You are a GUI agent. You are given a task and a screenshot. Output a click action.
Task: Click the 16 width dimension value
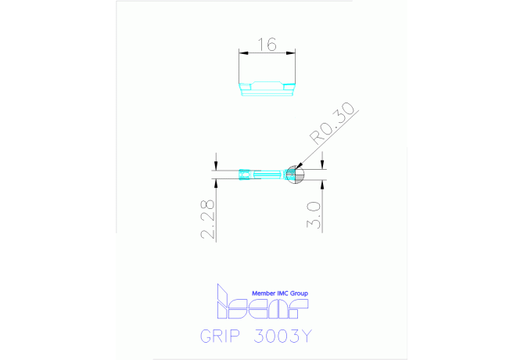point(267,45)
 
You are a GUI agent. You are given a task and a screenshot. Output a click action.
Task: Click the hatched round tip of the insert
point(294,174)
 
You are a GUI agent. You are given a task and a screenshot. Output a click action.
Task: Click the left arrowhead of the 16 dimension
point(242,53)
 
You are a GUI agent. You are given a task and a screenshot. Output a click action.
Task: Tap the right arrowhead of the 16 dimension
point(294,53)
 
